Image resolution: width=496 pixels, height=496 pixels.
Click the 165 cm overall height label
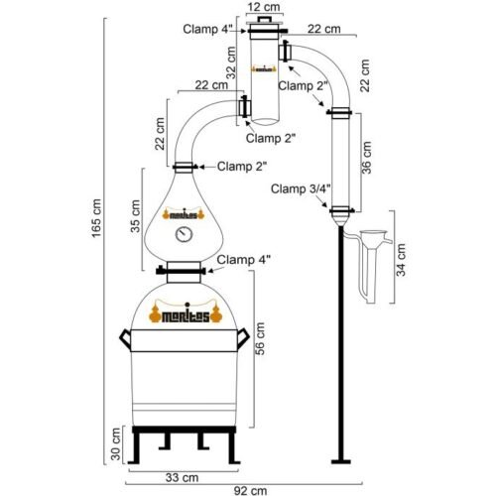(x=96, y=218)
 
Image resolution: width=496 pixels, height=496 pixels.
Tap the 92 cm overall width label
(x=250, y=491)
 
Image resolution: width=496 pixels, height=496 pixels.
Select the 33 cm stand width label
(x=182, y=477)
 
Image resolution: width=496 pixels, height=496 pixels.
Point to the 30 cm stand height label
(x=116, y=443)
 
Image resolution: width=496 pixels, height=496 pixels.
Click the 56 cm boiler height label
(x=260, y=338)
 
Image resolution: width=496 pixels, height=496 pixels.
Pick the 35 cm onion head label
(x=136, y=216)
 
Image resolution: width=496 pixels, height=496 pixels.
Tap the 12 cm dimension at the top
(x=264, y=7)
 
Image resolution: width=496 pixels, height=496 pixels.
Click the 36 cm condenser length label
(x=366, y=158)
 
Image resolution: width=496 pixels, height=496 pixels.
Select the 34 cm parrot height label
(x=401, y=260)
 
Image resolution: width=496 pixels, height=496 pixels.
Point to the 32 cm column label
(x=232, y=62)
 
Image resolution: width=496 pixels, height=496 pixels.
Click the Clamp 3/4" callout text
(x=301, y=188)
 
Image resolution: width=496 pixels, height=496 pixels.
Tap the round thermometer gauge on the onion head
(x=185, y=234)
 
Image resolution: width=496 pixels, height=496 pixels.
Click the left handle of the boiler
(x=125, y=338)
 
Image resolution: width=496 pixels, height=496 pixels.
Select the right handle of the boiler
(x=243, y=338)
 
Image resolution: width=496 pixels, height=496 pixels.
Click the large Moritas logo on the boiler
(x=186, y=313)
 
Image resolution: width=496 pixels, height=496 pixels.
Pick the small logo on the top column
(x=264, y=69)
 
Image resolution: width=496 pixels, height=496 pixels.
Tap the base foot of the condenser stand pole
(x=341, y=461)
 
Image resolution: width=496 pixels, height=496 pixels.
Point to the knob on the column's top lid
(x=264, y=19)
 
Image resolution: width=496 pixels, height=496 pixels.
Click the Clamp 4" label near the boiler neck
(x=243, y=260)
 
